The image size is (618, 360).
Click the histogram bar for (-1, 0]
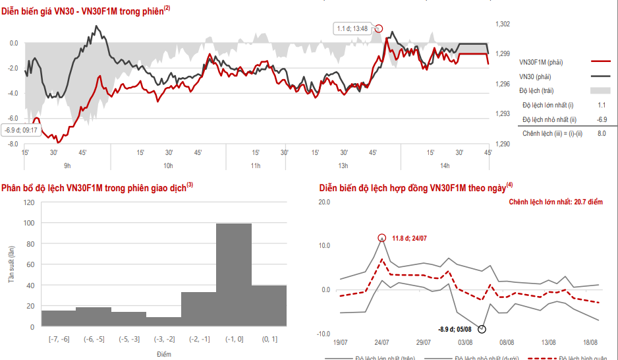234,275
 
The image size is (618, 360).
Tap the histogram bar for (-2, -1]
198,309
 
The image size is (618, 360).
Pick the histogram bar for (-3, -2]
163,322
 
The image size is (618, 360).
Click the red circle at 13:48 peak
379,28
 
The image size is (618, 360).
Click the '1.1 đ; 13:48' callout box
352,28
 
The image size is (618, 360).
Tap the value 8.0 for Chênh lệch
601,133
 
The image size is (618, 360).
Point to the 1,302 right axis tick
502,24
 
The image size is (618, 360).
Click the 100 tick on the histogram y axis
28,223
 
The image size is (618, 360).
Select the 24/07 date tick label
381,342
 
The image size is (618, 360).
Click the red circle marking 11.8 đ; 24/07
381,238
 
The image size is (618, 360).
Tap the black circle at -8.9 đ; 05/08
482,328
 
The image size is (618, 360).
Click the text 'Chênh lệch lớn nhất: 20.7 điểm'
555,201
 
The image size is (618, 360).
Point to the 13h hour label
343,165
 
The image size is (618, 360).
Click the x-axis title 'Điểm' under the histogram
163,354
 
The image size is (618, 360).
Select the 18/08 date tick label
590,342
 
